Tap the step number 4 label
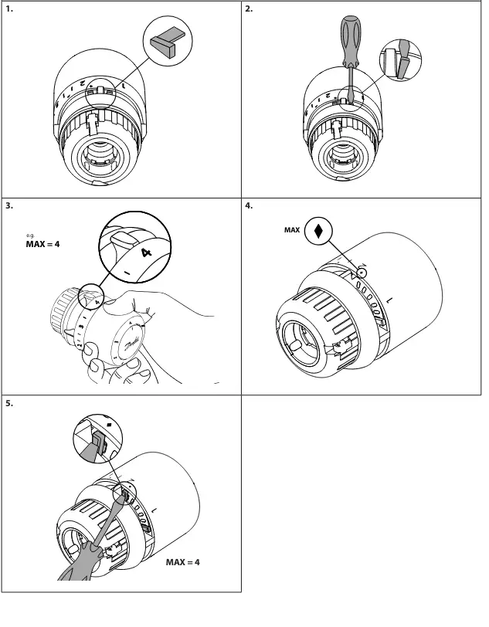point(249,206)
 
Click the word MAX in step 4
point(292,230)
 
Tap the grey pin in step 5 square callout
point(99,444)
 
